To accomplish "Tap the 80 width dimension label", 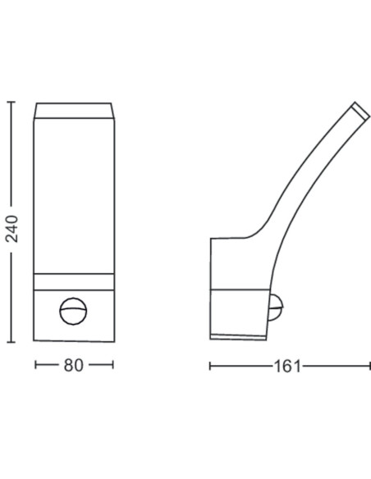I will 73,366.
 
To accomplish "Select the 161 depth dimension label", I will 286,366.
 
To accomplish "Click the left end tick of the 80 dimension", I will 36,366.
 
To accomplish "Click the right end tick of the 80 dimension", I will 112,366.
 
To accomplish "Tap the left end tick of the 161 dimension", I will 210,366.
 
